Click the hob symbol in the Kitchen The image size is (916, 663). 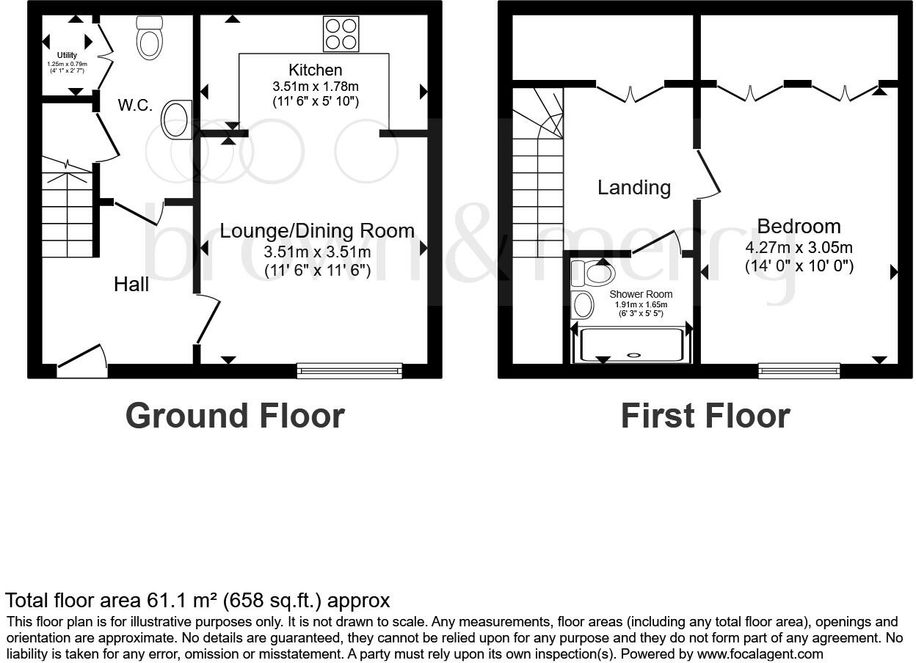(x=341, y=34)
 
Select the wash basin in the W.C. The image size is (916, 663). (x=176, y=120)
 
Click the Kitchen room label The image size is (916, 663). (x=315, y=70)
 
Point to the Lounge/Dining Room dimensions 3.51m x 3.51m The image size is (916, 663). (x=317, y=252)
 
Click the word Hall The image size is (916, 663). (x=131, y=285)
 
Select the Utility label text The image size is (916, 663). (x=67, y=56)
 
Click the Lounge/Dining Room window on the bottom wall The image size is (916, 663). (x=349, y=370)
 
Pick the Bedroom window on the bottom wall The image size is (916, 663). (x=799, y=370)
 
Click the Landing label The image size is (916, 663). (x=633, y=188)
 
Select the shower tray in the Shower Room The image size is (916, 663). (x=632, y=345)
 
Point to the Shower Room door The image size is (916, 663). (x=656, y=242)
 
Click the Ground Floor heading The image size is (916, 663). (x=235, y=416)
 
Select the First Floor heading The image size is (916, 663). (x=705, y=416)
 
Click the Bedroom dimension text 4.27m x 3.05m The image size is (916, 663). (x=799, y=248)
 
